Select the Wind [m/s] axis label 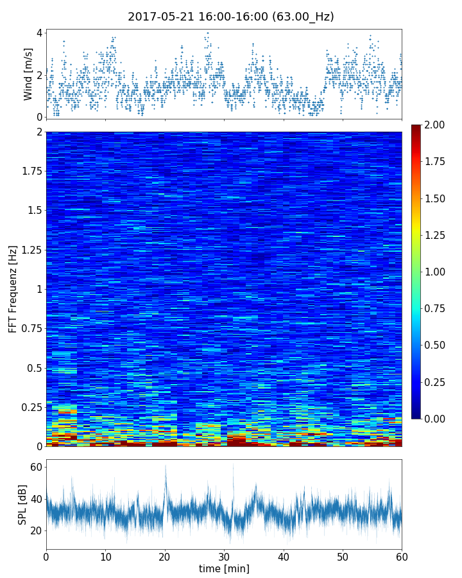[x=28, y=74]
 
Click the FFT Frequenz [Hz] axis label [x=13, y=289]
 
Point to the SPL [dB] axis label [x=22, y=504]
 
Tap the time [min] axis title [x=224, y=568]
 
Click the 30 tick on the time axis [x=224, y=556]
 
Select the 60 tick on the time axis [x=402, y=556]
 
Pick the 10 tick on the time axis [x=105, y=556]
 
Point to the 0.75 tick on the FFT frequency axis [x=30, y=328]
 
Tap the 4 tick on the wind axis [x=39, y=33]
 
